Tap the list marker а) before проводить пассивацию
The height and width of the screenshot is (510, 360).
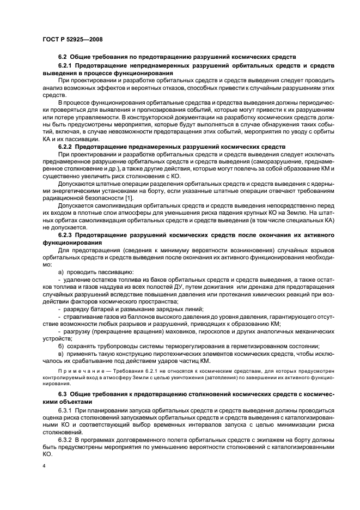click(x=61, y=271)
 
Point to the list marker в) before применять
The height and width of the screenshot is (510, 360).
click(x=61, y=353)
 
